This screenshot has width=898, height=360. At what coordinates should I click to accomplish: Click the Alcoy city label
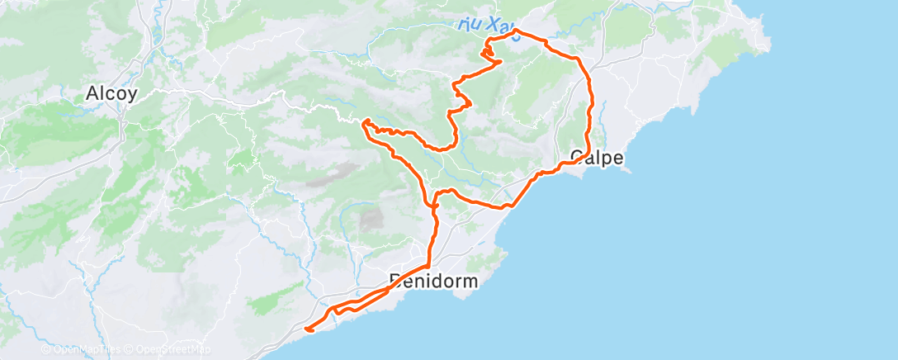111,94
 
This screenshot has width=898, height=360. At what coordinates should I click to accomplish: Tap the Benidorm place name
434,282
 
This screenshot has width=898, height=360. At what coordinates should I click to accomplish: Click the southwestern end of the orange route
307,329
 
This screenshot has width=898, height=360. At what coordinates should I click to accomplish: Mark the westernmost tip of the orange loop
363,123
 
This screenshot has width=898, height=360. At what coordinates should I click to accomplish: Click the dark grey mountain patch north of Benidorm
372,219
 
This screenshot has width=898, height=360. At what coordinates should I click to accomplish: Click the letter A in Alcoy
91,94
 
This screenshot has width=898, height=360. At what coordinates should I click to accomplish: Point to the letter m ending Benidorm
471,282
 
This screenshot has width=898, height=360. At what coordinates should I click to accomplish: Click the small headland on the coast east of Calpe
627,168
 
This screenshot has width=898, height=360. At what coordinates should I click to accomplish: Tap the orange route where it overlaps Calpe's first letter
578,157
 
